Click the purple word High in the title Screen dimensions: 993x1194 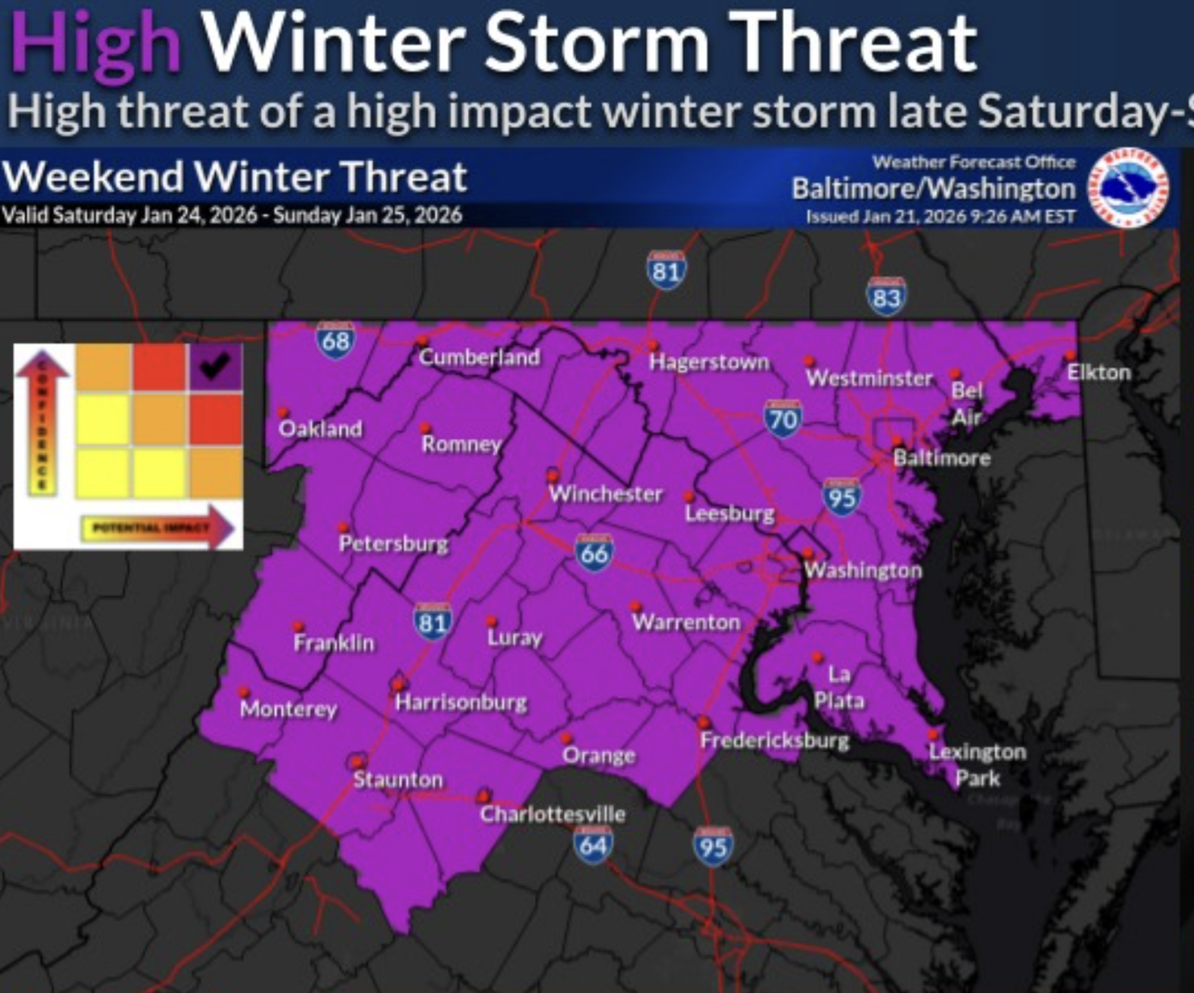[x=95, y=44]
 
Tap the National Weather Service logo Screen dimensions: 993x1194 [x=1127, y=186]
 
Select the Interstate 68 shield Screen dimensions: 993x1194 [x=335, y=340]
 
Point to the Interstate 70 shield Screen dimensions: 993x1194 [x=782, y=419]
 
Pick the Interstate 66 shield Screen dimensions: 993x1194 [x=594, y=553]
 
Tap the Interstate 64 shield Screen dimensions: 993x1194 [x=592, y=844]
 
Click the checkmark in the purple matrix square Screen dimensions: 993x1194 [x=215, y=366]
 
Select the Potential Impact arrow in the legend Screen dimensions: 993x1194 [x=159, y=528]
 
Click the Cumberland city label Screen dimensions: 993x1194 [x=480, y=357]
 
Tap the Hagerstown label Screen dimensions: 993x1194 [x=709, y=363]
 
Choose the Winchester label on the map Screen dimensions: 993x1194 [x=605, y=494]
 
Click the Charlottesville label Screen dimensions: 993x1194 [x=552, y=814]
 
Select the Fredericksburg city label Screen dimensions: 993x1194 [x=775, y=740]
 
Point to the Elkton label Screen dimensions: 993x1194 [x=1099, y=372]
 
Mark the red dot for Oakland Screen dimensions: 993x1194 [x=283, y=413]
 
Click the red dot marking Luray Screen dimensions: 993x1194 [x=491, y=622]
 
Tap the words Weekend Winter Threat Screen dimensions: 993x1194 [x=235, y=178]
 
